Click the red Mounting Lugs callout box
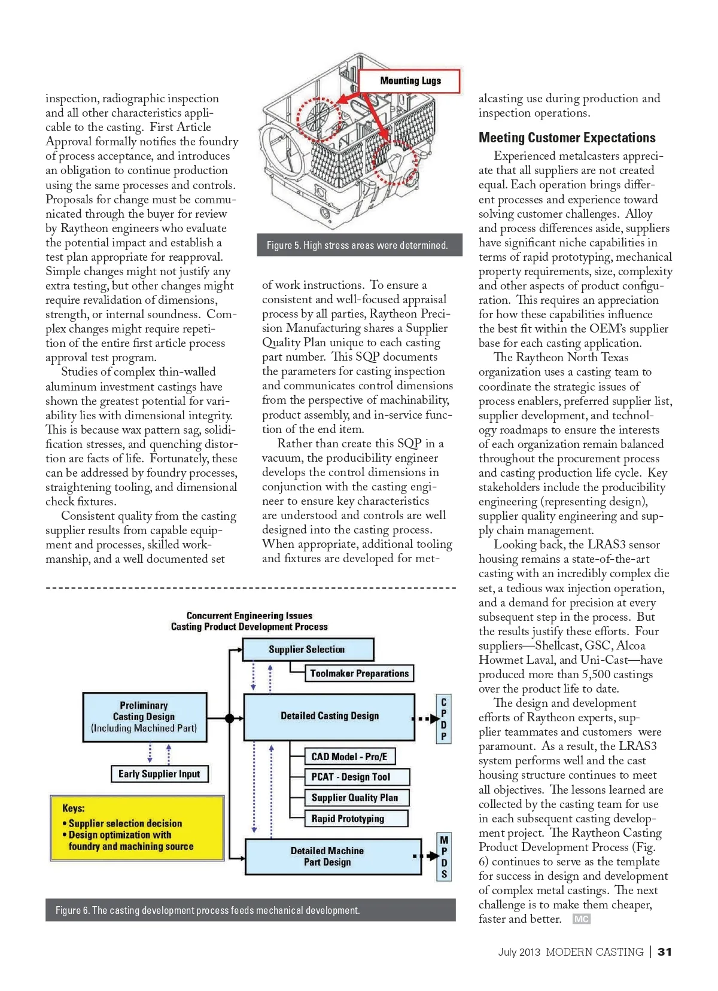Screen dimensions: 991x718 coord(410,81)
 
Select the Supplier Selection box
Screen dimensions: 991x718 coord(308,650)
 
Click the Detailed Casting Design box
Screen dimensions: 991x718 coord(329,716)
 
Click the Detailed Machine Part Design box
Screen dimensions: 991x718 coord(333,856)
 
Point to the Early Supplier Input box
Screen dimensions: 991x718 coord(159,774)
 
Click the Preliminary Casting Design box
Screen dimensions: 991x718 coord(144,717)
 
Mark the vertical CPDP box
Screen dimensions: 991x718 coord(443,719)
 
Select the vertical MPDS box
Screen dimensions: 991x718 coord(444,857)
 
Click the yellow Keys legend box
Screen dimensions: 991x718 coord(137,828)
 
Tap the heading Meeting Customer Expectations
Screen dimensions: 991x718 coord(567,138)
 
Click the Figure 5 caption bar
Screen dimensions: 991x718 coord(359,245)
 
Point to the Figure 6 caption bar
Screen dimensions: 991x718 coord(250,910)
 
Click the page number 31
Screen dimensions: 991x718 coord(665,952)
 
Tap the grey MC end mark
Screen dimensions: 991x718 coord(581,919)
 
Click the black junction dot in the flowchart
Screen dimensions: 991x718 coord(229,718)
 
